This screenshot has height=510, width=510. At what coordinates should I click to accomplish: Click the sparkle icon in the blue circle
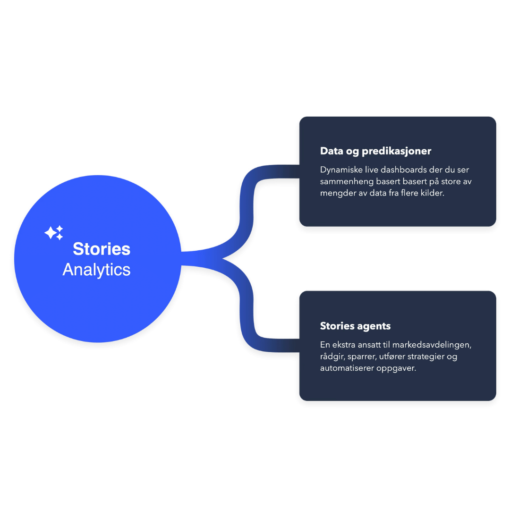pyautogui.click(x=54, y=232)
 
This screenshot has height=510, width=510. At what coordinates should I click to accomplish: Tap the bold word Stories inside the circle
pyautogui.click(x=102, y=249)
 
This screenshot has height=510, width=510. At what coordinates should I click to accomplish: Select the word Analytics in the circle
pyautogui.click(x=96, y=270)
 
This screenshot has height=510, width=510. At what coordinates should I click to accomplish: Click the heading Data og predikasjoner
pyautogui.click(x=375, y=151)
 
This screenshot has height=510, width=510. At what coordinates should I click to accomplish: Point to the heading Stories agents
pyautogui.click(x=355, y=326)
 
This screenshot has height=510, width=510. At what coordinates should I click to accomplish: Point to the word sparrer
pyautogui.click(x=363, y=357)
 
